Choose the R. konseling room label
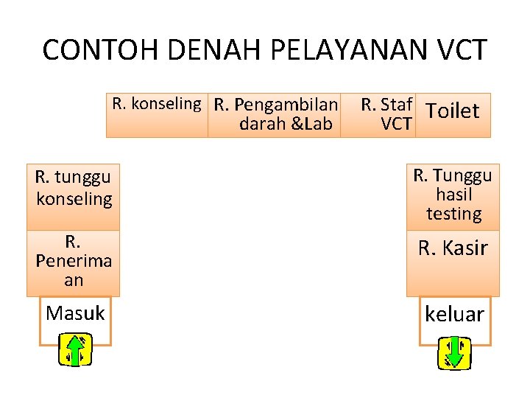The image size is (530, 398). point(156,104)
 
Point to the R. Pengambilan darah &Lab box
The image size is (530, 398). point(277,114)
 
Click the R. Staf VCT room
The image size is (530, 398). point(387,114)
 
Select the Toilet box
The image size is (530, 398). point(452,112)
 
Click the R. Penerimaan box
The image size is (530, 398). point(73,262)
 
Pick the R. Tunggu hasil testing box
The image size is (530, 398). point(453,195)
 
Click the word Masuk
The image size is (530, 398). point(75,313)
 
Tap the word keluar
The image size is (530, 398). point(454,315)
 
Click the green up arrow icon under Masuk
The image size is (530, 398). point(75,350)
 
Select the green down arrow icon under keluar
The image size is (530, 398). point(454,352)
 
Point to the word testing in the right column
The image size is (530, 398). point(453,214)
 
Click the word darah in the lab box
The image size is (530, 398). point(263,124)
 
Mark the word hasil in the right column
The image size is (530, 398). point(453,195)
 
